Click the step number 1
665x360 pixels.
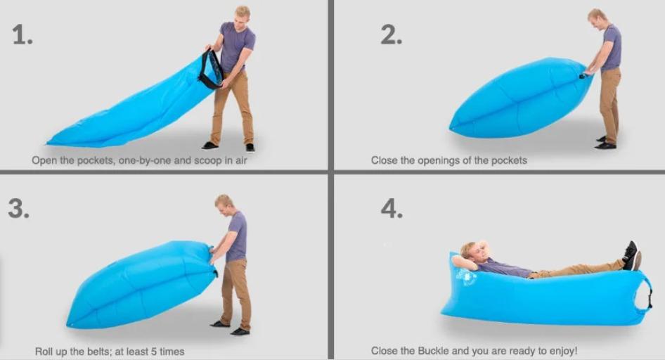pyautogui.click(x=22, y=34)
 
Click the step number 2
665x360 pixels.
pyautogui.click(x=392, y=34)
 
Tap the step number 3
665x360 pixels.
pyautogui.click(x=19, y=208)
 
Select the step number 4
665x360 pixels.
pyautogui.click(x=392, y=208)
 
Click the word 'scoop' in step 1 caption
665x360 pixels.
pyautogui.click(x=208, y=161)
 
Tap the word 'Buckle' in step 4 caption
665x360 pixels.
pyautogui.click(x=434, y=351)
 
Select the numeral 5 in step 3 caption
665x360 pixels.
pyautogui.click(x=153, y=352)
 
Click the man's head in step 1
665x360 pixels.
pyautogui.click(x=243, y=16)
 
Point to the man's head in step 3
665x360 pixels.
pyautogui.click(x=224, y=205)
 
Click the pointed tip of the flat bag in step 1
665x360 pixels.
pyautogui.click(x=48, y=143)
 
